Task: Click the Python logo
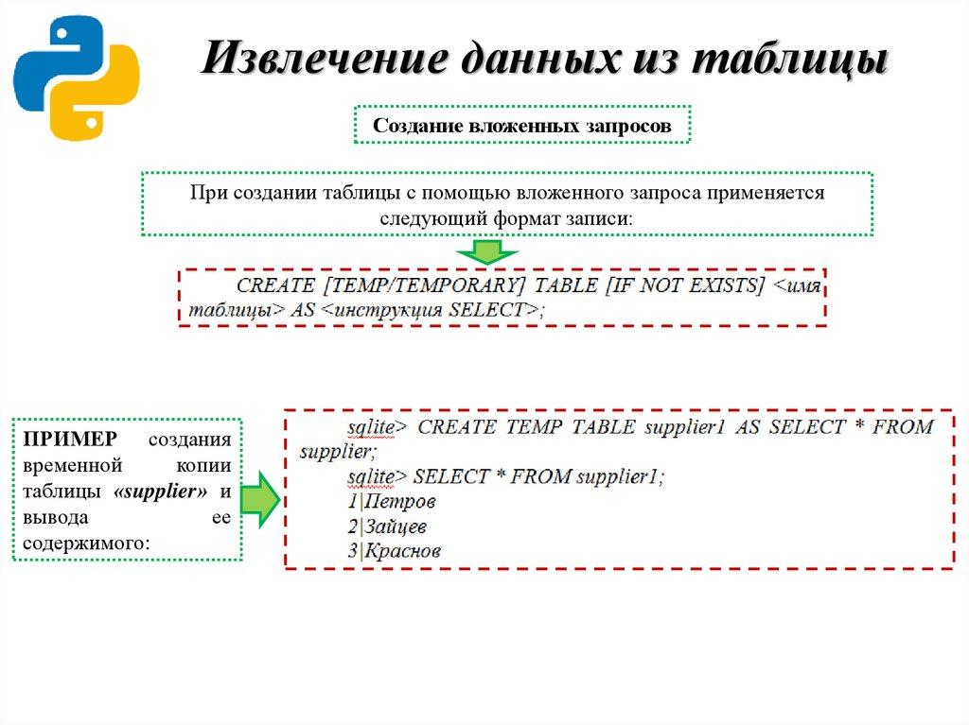pyautogui.click(x=76, y=78)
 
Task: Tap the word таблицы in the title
pyautogui.click(x=790, y=59)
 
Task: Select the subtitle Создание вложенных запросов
pyautogui.click(x=521, y=125)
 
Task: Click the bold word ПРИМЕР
pyautogui.click(x=69, y=440)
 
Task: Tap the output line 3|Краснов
pyautogui.click(x=394, y=551)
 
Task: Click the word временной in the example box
pyautogui.click(x=74, y=467)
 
